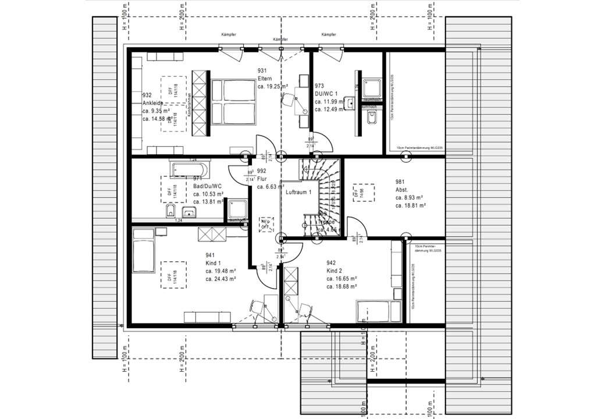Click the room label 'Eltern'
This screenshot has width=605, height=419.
click(x=265, y=78)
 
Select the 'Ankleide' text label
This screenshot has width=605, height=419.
click(x=152, y=103)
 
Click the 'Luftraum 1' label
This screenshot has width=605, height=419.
click(x=299, y=192)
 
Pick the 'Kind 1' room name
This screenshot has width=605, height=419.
click(x=214, y=263)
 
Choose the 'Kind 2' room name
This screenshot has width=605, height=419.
click(x=335, y=270)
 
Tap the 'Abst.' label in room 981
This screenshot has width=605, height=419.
click(x=402, y=189)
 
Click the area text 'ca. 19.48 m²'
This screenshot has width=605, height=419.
click(x=220, y=271)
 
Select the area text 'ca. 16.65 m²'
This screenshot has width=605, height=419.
click(x=341, y=278)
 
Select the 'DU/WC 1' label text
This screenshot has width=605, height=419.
click(x=325, y=93)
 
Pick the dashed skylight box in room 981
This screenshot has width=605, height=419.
click(x=362, y=194)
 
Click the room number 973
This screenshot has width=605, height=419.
click(x=319, y=85)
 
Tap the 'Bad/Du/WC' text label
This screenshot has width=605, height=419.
click(x=207, y=186)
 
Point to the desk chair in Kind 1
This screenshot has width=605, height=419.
click(x=257, y=308)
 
